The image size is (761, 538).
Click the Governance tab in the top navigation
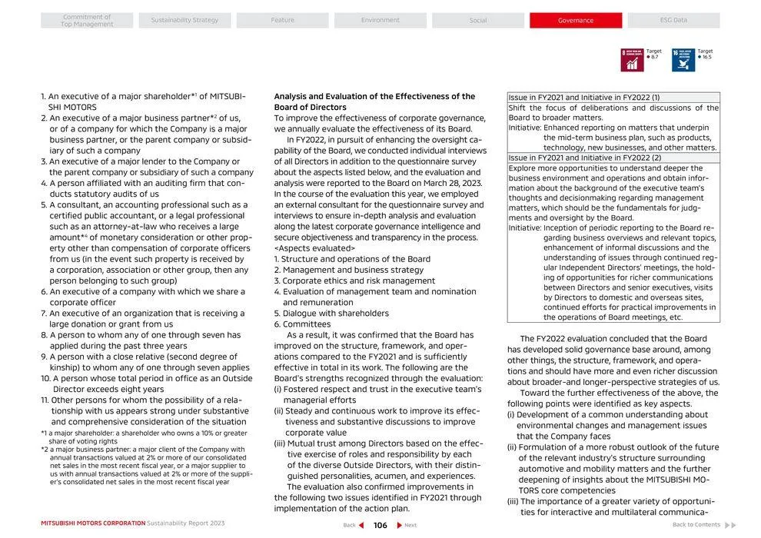click(x=576, y=21)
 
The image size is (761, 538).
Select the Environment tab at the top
click(x=380, y=21)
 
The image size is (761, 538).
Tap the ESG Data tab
click(x=673, y=21)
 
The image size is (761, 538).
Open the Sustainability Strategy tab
click(x=184, y=21)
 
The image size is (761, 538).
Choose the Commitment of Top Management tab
click(x=87, y=21)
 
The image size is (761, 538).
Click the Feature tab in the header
click(x=282, y=21)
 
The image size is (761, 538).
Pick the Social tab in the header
click(x=478, y=21)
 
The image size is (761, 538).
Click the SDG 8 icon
click(x=632, y=60)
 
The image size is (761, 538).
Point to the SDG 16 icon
click(x=683, y=60)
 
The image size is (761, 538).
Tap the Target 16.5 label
click(x=705, y=54)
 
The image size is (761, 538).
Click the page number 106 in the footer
click(x=380, y=526)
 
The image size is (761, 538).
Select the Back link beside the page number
click(x=353, y=526)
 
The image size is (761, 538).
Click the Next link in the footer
click(x=407, y=526)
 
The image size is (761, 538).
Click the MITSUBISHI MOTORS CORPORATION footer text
click(x=93, y=523)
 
